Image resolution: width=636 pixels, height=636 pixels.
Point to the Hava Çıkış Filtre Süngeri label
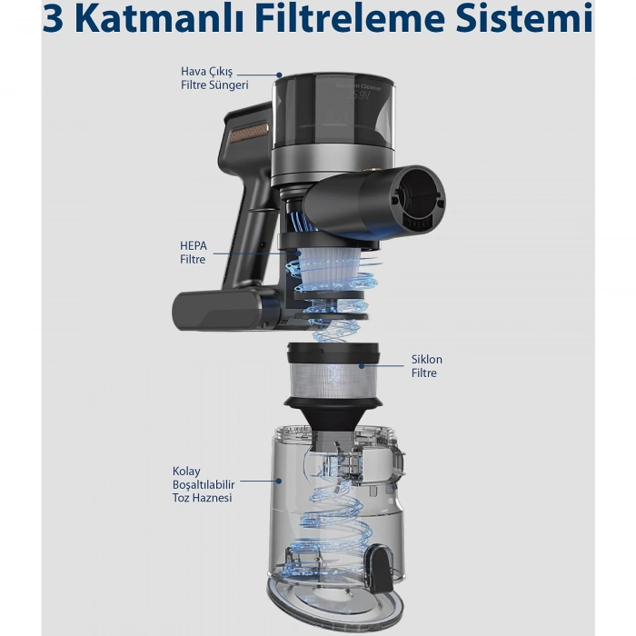[214, 79]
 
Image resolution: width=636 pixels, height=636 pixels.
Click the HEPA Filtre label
[193, 253]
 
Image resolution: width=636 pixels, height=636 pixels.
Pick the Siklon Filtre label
[423, 366]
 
